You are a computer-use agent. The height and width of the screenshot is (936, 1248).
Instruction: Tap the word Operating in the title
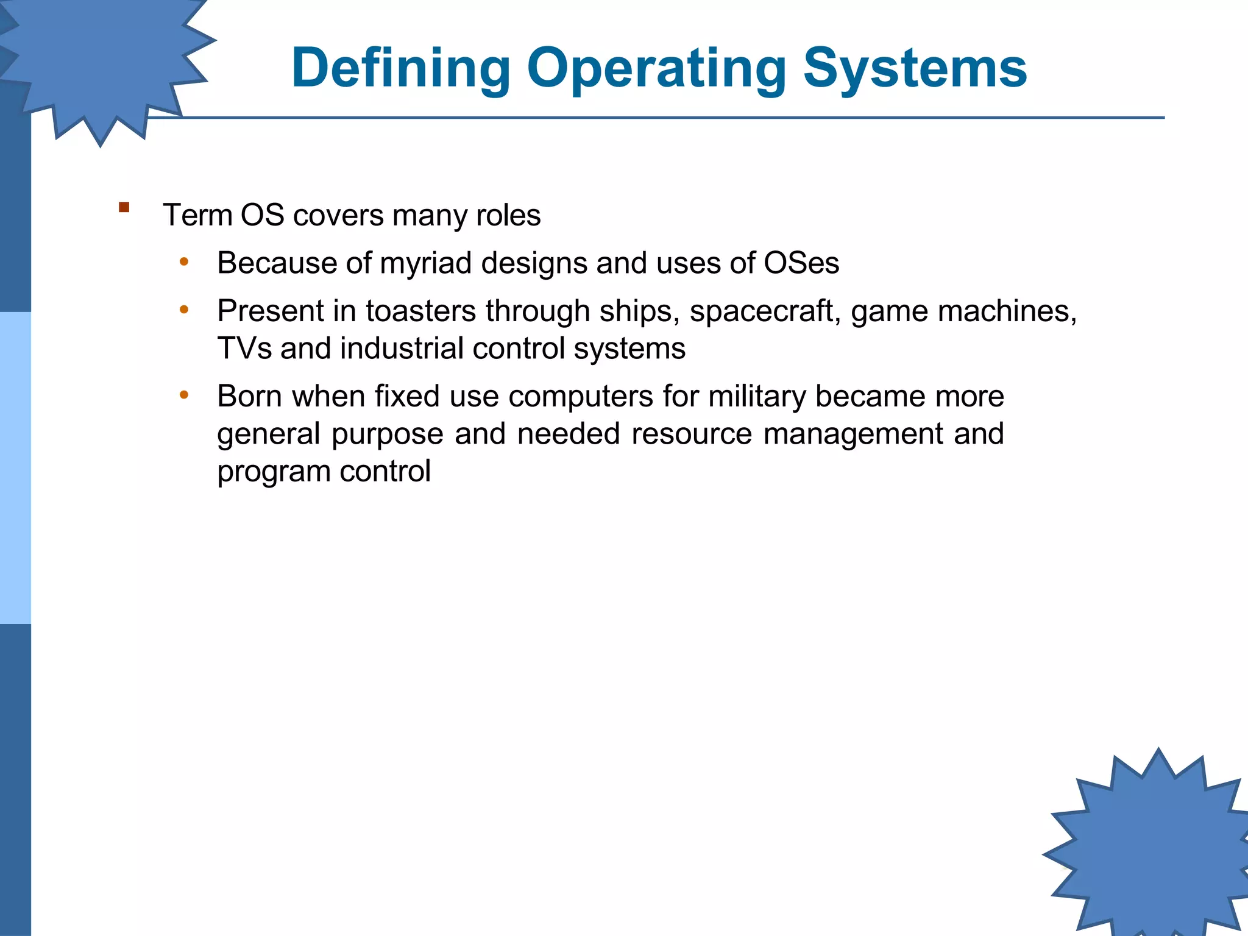[x=657, y=68]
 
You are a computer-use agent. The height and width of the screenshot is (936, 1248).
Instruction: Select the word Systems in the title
[x=915, y=68]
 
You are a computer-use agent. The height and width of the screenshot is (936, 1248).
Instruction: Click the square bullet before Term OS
[x=124, y=207]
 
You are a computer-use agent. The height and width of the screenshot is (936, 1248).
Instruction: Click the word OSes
[x=801, y=263]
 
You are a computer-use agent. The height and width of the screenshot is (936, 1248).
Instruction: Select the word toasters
[x=420, y=311]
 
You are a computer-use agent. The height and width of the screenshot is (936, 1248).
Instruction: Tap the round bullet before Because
[x=184, y=263]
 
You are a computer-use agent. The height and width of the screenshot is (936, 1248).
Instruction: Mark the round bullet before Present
[x=184, y=310]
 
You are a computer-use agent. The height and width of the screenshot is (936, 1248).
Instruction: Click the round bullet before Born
[x=184, y=395]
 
